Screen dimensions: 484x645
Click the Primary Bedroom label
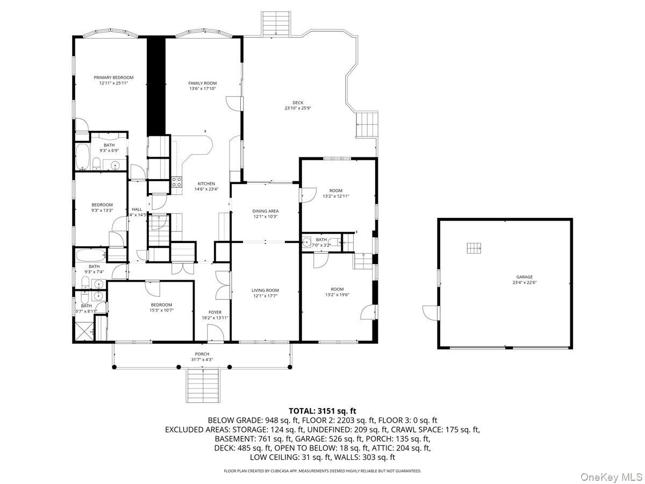(x=113, y=77)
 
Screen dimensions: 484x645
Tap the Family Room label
(x=203, y=83)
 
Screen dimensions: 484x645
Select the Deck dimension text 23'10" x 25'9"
(x=298, y=108)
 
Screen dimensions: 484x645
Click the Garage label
(x=525, y=277)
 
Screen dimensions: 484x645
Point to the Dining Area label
(x=266, y=211)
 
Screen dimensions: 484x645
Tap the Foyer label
(x=215, y=312)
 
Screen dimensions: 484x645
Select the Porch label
(x=202, y=354)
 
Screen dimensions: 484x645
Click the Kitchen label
(x=206, y=183)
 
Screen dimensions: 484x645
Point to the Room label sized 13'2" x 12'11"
(x=336, y=190)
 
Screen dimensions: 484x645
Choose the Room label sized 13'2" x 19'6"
(x=337, y=289)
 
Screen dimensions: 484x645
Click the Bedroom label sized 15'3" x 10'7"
(x=161, y=304)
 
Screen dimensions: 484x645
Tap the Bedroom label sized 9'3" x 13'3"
(x=102, y=204)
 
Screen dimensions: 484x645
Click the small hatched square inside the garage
(x=474, y=247)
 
